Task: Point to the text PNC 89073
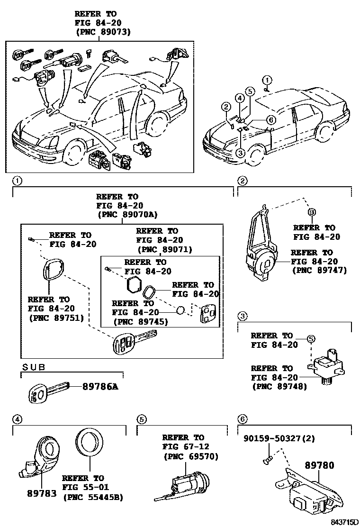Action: [103, 32]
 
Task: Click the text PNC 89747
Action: [320, 270]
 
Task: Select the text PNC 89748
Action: [279, 386]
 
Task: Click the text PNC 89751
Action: [56, 318]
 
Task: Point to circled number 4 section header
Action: [17, 419]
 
